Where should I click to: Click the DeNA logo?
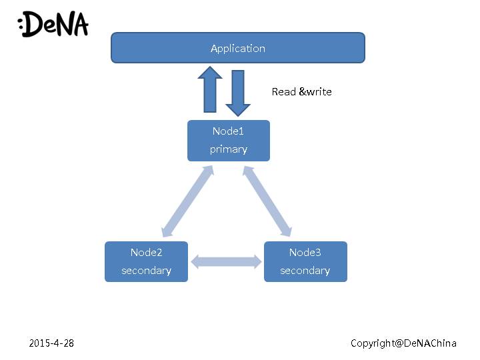click(53, 25)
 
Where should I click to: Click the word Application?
click(238, 48)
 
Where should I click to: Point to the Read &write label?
click(301, 92)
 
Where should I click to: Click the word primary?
click(229, 149)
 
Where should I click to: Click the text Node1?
click(229, 131)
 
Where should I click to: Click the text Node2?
click(147, 253)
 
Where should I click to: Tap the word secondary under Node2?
click(147, 271)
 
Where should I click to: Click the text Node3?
click(305, 253)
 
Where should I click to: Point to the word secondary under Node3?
click(305, 271)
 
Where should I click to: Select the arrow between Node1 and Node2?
click(187, 201)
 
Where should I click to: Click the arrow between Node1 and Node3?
click(267, 201)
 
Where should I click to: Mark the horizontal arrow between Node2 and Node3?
click(226, 261)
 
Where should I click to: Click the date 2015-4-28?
click(52, 343)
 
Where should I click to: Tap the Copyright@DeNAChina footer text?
click(404, 343)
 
